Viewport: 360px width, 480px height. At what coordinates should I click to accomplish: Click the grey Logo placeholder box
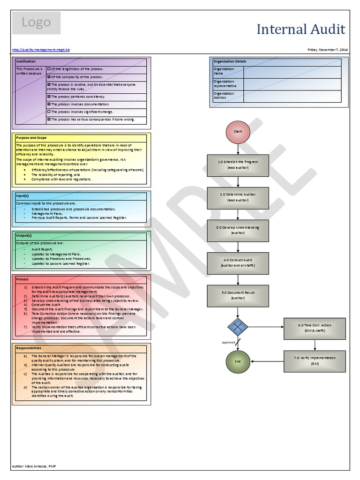click(36, 23)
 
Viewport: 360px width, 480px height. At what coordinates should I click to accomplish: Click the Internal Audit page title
click(301, 30)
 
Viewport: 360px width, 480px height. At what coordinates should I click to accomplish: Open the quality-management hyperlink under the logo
click(41, 49)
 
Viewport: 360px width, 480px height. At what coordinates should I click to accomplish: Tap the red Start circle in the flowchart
click(238, 132)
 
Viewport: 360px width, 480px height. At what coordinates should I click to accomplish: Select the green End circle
click(238, 361)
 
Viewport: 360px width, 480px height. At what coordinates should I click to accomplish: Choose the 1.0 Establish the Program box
click(238, 164)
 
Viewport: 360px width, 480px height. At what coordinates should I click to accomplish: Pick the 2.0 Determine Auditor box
click(238, 197)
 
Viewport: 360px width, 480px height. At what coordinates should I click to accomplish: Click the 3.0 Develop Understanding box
click(238, 230)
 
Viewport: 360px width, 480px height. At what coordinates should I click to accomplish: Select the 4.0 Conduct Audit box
click(238, 262)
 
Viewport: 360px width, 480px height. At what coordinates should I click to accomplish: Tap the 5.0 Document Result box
click(238, 295)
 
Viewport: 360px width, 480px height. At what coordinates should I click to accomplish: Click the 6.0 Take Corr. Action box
click(315, 328)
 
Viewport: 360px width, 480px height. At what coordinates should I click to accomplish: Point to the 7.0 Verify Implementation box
click(315, 360)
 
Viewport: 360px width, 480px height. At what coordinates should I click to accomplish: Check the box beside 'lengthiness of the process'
click(49, 69)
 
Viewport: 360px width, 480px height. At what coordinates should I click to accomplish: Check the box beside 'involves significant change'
click(49, 112)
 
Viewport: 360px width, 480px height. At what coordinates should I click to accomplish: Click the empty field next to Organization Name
click(292, 72)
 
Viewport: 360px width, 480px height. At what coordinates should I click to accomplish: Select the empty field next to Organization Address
click(292, 96)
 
